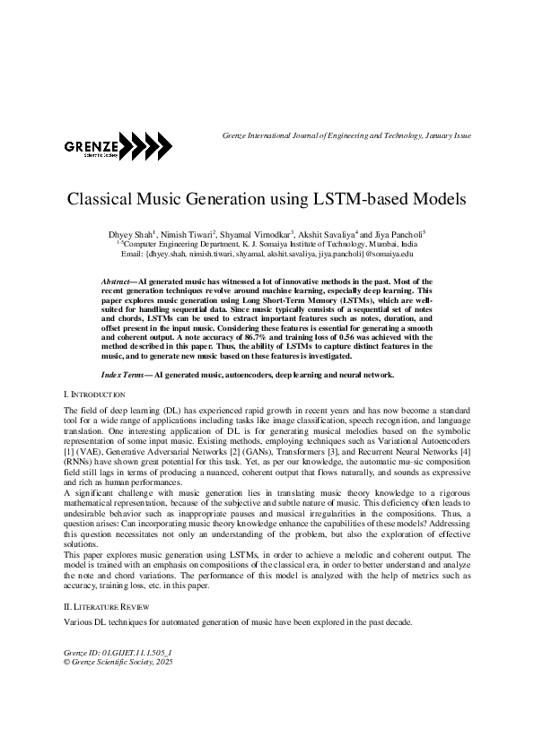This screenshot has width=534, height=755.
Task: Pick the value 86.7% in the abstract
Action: click(x=229, y=335)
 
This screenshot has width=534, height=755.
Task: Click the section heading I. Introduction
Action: click(x=95, y=395)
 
